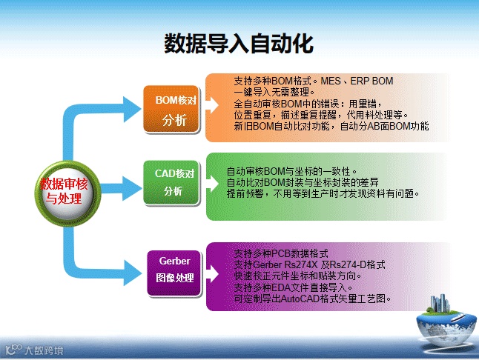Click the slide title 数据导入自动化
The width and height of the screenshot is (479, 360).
point(239,43)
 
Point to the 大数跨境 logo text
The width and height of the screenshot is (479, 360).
point(44,350)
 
